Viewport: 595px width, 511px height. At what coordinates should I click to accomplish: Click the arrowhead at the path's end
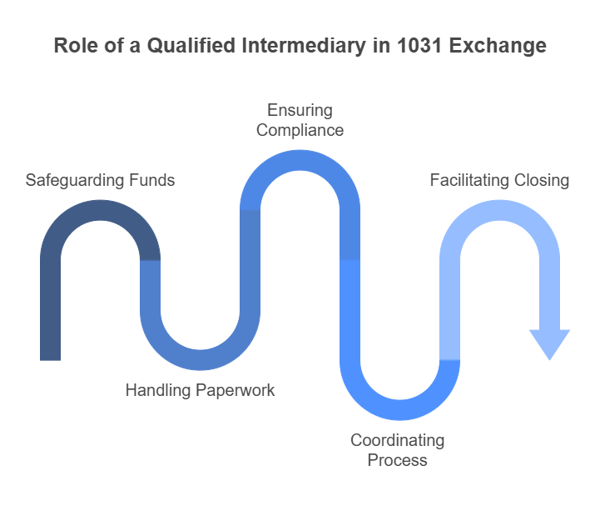[549, 343]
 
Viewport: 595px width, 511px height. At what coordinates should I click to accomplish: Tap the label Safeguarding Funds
[100, 180]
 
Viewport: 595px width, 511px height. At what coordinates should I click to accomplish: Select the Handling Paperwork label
[200, 390]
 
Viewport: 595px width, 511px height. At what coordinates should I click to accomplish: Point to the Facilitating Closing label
[499, 180]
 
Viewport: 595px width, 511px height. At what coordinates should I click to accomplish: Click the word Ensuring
[300, 110]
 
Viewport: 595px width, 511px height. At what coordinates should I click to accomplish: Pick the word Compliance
[300, 130]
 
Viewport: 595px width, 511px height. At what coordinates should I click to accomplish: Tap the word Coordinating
[398, 440]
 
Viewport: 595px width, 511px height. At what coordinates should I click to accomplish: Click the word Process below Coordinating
[399, 460]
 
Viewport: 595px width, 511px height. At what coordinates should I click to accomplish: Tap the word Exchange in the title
[499, 46]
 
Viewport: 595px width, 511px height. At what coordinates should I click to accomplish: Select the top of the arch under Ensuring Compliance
[300, 161]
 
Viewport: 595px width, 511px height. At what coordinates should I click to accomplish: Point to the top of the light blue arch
[499, 211]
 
